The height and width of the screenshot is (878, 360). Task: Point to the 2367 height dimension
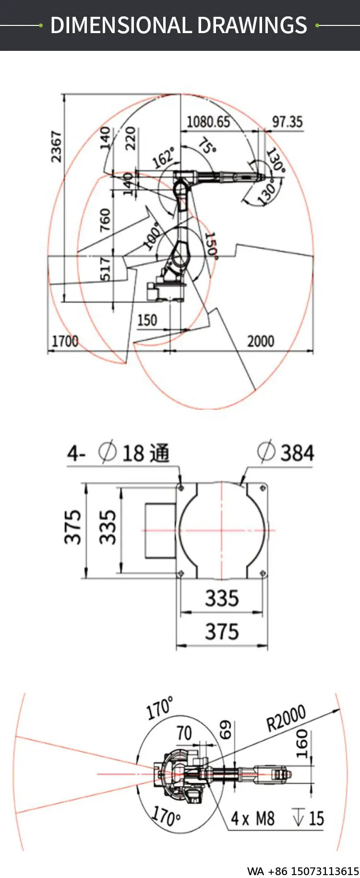(x=57, y=146)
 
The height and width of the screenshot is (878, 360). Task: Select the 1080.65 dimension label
(x=208, y=122)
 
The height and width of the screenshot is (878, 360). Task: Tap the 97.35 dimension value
(x=287, y=122)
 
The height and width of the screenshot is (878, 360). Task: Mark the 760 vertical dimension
(x=105, y=220)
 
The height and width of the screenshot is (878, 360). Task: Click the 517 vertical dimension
(x=105, y=269)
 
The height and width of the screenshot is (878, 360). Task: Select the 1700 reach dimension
(x=65, y=341)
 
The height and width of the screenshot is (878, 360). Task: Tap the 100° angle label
(x=152, y=236)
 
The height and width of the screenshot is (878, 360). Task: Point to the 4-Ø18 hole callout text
(x=118, y=452)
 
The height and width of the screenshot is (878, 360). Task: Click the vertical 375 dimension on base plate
(x=73, y=527)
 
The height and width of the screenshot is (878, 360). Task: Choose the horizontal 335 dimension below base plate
(x=222, y=598)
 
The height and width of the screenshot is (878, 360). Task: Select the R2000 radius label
(x=286, y=718)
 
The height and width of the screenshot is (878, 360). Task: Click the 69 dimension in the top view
(x=226, y=730)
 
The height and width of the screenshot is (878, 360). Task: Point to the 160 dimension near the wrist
(x=301, y=744)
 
